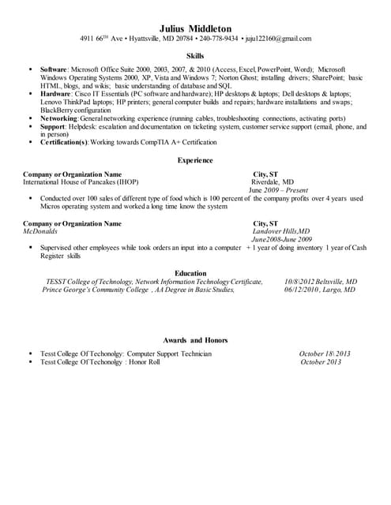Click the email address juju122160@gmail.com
pos(278,39)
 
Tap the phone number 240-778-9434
pos(219,39)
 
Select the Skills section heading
pos(194,57)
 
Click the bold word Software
pos(53,70)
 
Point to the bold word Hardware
pos(55,92)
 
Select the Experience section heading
pos(194,160)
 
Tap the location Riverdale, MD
pos(272,181)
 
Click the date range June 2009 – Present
pos(277,190)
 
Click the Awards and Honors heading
pos(195,339)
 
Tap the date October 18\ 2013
pos(325,353)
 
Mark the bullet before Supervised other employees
pos(29,247)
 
